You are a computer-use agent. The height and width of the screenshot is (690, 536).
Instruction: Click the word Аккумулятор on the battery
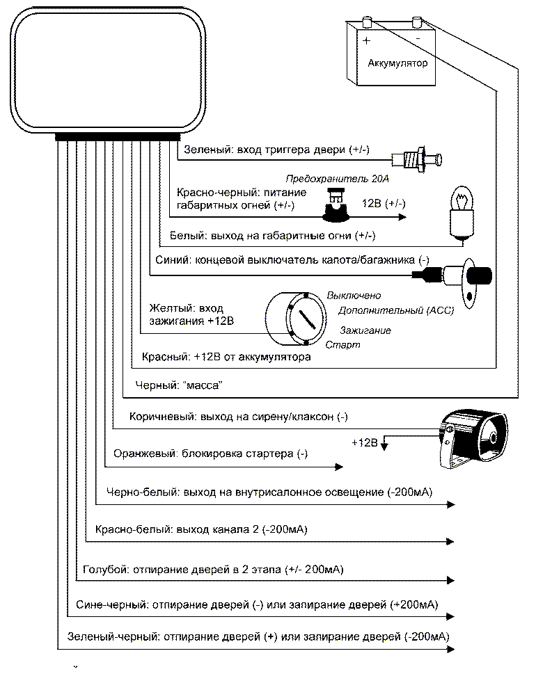[x=397, y=63]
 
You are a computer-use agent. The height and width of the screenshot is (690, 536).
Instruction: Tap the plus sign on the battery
[x=366, y=40]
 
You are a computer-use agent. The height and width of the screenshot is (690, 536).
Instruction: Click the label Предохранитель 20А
[x=337, y=179]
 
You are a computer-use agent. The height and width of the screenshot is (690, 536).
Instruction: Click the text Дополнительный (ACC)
[x=395, y=310]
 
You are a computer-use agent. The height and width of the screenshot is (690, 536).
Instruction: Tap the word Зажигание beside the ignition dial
[x=365, y=330]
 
